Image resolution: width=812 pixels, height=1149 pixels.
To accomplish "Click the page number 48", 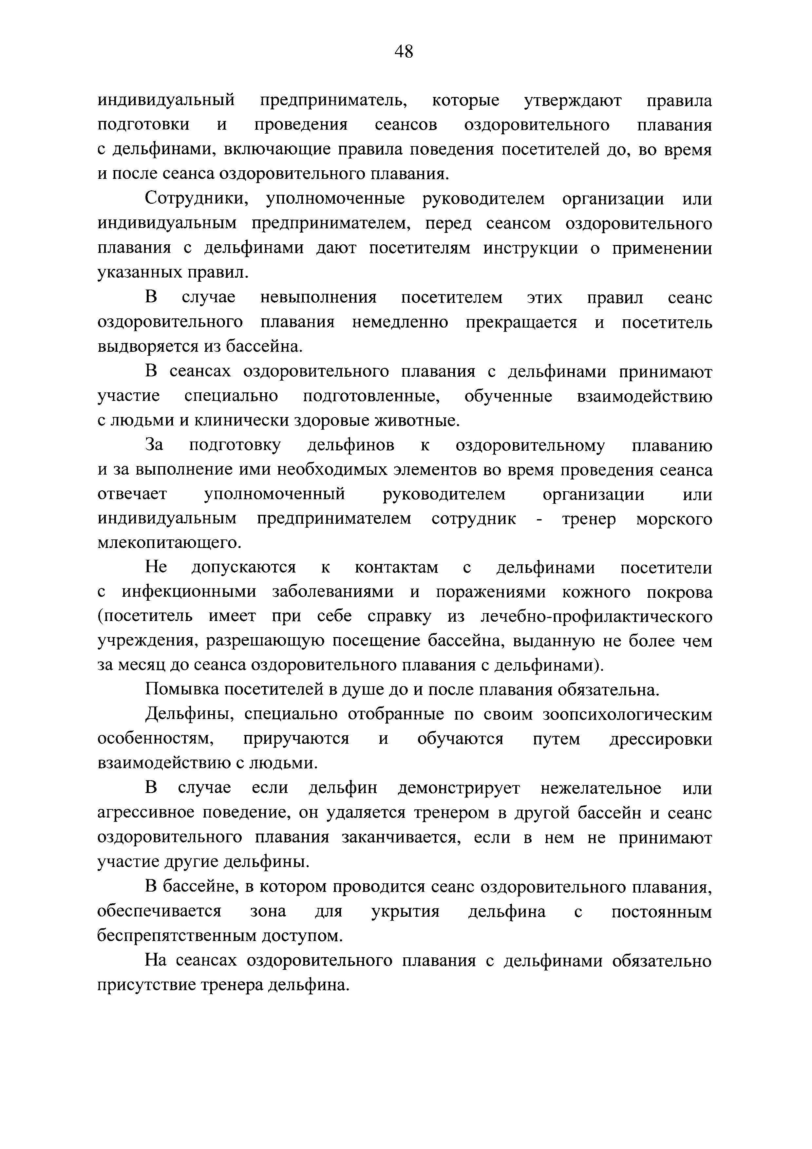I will (x=404, y=51).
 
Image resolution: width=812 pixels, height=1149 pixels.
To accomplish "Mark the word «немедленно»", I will (x=400, y=322).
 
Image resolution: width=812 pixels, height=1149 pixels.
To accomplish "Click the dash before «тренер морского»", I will (x=539, y=519).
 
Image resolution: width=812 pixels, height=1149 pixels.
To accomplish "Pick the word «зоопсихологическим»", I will (x=627, y=715).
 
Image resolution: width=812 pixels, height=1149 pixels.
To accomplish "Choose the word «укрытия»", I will (x=405, y=912).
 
